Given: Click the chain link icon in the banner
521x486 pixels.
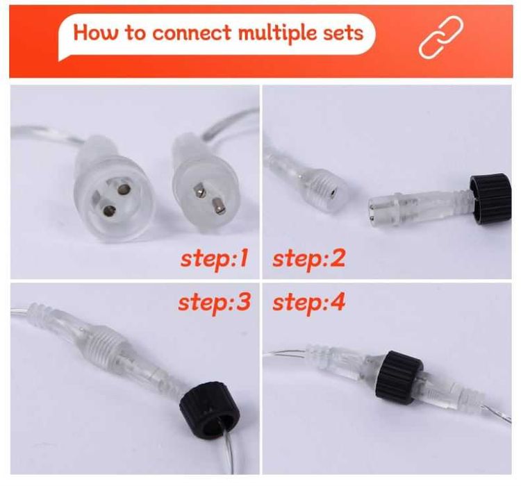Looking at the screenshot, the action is click(x=441, y=37).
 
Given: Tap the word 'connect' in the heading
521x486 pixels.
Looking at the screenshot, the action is click(x=191, y=33).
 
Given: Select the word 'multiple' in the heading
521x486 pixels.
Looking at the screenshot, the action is click(x=277, y=34).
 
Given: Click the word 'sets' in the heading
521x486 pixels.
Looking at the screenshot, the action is click(x=343, y=33).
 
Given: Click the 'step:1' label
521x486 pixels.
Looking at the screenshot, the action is click(x=215, y=260).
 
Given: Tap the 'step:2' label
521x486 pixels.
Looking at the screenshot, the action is click(x=308, y=260).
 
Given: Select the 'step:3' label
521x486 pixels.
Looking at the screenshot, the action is click(x=215, y=303).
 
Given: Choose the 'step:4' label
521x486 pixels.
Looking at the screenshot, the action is click(x=308, y=303).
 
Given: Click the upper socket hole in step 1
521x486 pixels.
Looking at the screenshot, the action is click(x=123, y=190).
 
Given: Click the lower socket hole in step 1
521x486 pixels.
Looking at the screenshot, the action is click(x=109, y=210).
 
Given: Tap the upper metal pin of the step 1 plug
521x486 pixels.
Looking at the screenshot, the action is click(x=199, y=191).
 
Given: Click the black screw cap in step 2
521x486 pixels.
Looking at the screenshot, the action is click(x=490, y=198).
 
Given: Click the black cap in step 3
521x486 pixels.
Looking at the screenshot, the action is click(x=210, y=408).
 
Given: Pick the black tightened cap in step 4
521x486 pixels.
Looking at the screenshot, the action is click(x=399, y=378).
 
